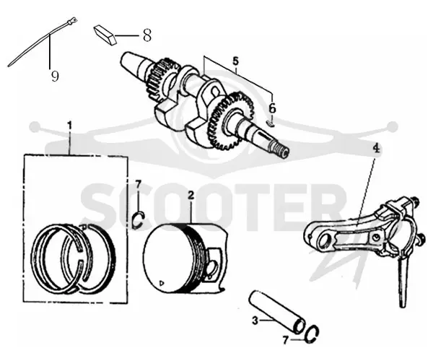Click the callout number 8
click(147, 35)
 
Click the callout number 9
click(55, 76)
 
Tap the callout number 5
click(235, 61)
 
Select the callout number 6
click(272, 108)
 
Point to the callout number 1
click(69, 125)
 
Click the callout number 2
click(191, 195)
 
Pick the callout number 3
click(255, 321)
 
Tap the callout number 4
click(376, 149)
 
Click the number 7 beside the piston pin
click(285, 340)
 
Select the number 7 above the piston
click(139, 183)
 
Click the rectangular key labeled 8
click(106, 35)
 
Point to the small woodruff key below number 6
click(271, 123)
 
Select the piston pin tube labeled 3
click(276, 311)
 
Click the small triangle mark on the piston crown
click(162, 283)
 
